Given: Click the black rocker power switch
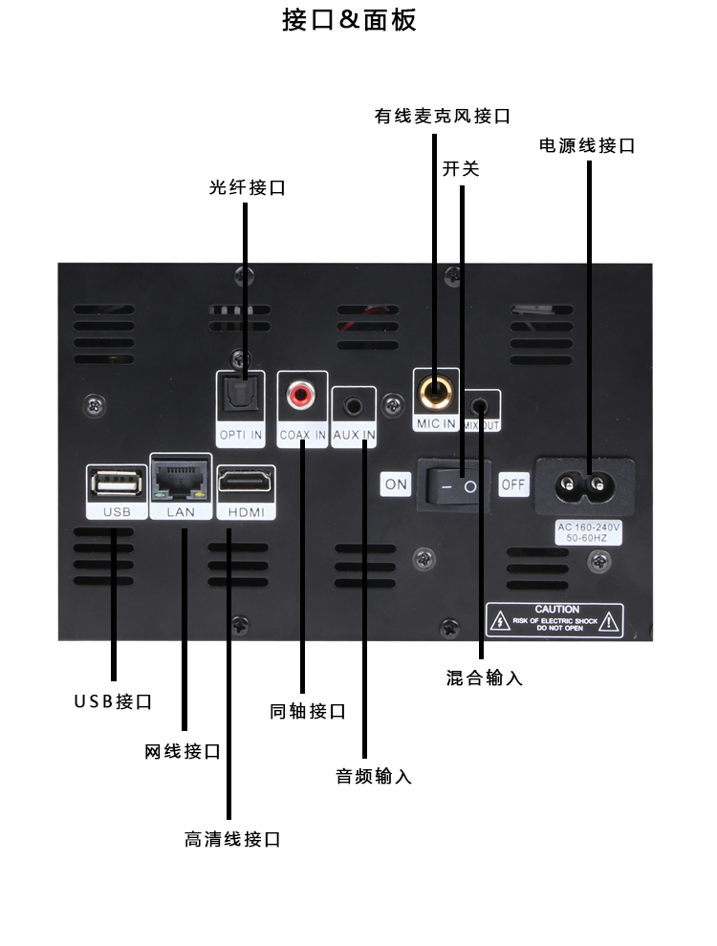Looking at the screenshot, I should tap(458, 485).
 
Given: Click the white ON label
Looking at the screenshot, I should tap(396, 484).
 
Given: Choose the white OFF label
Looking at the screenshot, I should tap(514, 484).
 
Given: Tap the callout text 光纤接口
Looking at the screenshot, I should tap(248, 187).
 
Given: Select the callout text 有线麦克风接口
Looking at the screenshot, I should tap(443, 116).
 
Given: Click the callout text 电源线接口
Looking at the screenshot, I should tap(587, 145).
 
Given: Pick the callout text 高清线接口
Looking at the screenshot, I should tap(232, 839).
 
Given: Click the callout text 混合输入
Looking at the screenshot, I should tap(485, 677).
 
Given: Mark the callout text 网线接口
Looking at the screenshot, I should tap(183, 751).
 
